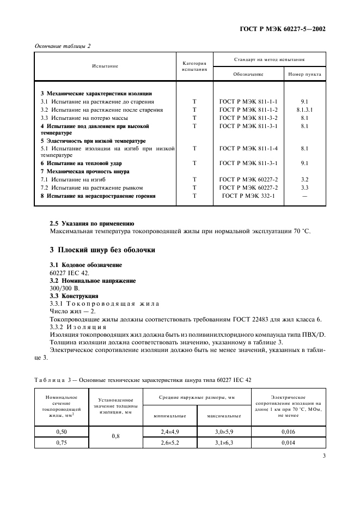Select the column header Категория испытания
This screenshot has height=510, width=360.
coord(194,66)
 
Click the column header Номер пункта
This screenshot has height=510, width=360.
coord(304,74)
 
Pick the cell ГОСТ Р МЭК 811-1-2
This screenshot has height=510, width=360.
coord(248,110)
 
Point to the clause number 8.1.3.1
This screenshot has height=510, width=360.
coord(304,110)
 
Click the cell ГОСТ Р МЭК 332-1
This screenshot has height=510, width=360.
coord(248,196)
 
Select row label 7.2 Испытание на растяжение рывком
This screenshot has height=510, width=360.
coord(94,187)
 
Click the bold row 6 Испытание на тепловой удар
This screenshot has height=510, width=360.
coord(81,163)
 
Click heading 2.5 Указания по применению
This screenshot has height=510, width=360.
coord(91,223)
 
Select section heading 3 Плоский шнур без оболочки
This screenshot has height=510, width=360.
coord(102,250)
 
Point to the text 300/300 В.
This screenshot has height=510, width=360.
coord(64,288)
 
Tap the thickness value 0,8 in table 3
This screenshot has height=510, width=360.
coord(115,436)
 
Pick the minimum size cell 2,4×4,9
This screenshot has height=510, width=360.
coord(170,431)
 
